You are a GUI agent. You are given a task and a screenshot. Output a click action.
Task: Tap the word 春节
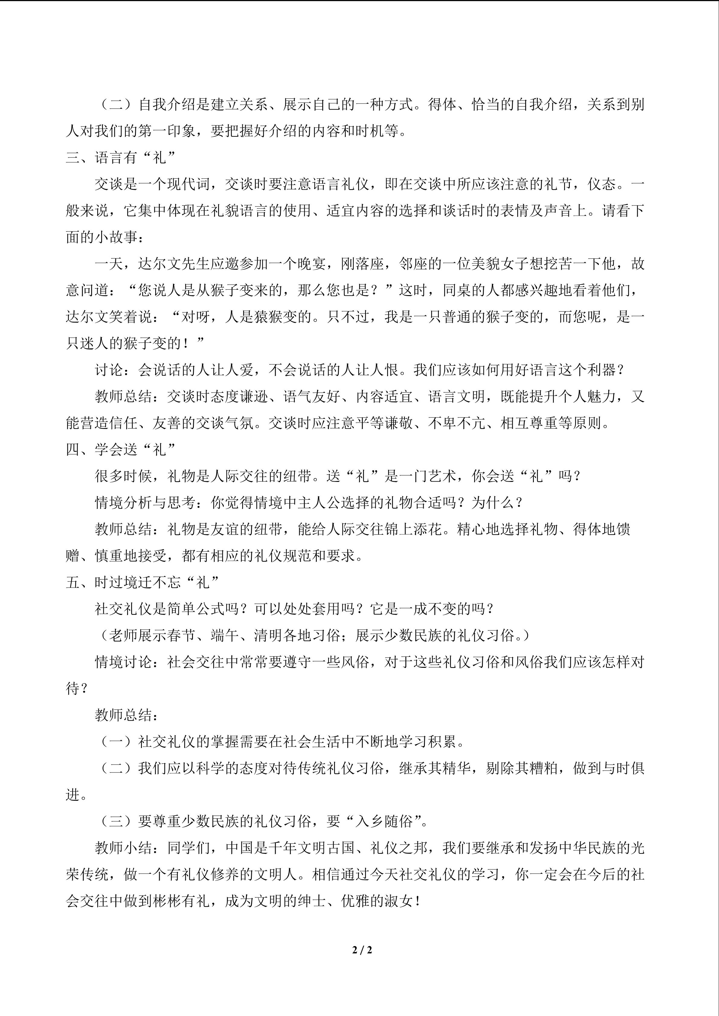[x=181, y=636]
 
